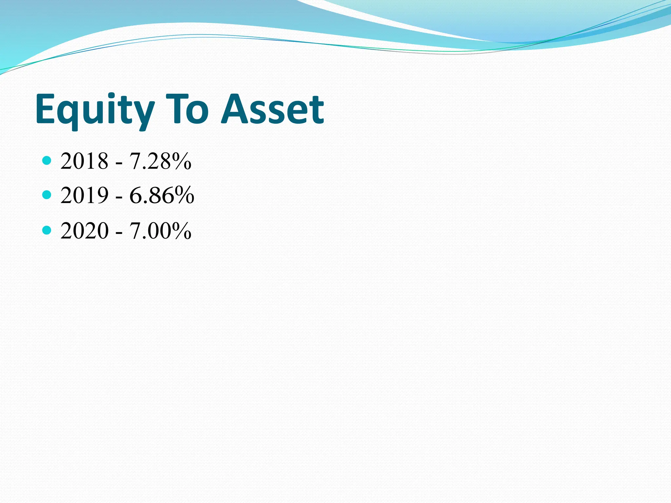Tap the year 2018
85,161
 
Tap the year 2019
85,196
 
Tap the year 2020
85,231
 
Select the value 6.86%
162,196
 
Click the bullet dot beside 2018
47,160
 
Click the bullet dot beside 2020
47,230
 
